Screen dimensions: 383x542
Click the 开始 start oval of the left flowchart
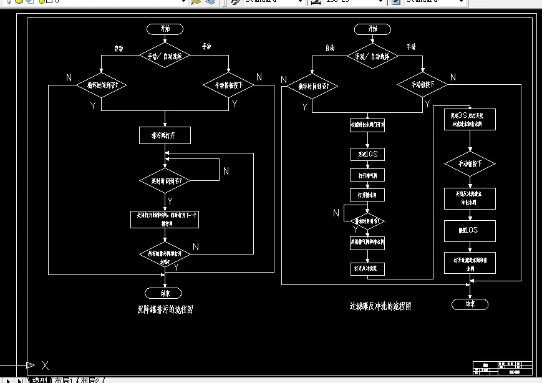coord(165,28)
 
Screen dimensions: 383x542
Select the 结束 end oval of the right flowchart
coord(470,304)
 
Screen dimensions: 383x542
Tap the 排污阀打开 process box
coord(165,135)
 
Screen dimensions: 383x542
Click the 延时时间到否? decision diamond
coord(165,181)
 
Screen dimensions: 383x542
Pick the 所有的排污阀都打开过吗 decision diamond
coord(165,255)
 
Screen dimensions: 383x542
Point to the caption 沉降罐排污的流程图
coord(165,308)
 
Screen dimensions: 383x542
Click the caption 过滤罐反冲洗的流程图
coord(380,306)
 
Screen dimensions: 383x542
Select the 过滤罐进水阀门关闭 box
coord(367,125)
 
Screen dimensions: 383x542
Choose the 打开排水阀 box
coord(367,195)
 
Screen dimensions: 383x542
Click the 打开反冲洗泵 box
coord(367,269)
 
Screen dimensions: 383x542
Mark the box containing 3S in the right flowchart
coord(470,119)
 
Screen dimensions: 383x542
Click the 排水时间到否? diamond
coord(367,220)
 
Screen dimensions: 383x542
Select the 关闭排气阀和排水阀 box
coord(367,241)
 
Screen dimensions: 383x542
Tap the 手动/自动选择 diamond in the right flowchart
coord(372,56)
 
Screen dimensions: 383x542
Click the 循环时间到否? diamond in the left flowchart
coord(102,85)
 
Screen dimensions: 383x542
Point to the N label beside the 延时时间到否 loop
coord(226,171)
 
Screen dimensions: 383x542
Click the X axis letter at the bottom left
coord(45,365)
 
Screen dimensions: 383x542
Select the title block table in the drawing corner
coord(503,367)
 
